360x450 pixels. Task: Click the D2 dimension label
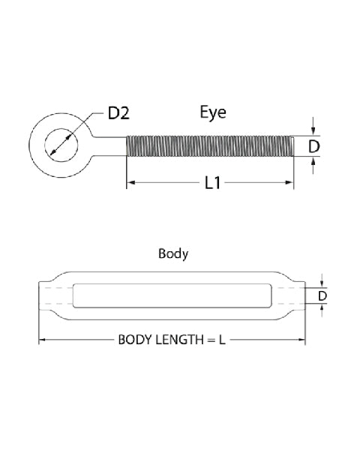[119, 114]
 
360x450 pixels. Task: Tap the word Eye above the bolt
[212, 113]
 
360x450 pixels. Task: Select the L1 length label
[212, 182]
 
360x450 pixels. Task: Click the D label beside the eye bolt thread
[315, 145]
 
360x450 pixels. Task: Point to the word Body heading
[173, 253]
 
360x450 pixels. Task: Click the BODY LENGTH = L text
[172, 340]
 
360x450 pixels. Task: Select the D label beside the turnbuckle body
[322, 296]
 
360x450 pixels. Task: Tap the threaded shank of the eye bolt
[210, 145]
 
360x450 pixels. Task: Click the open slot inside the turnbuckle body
[171, 295]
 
